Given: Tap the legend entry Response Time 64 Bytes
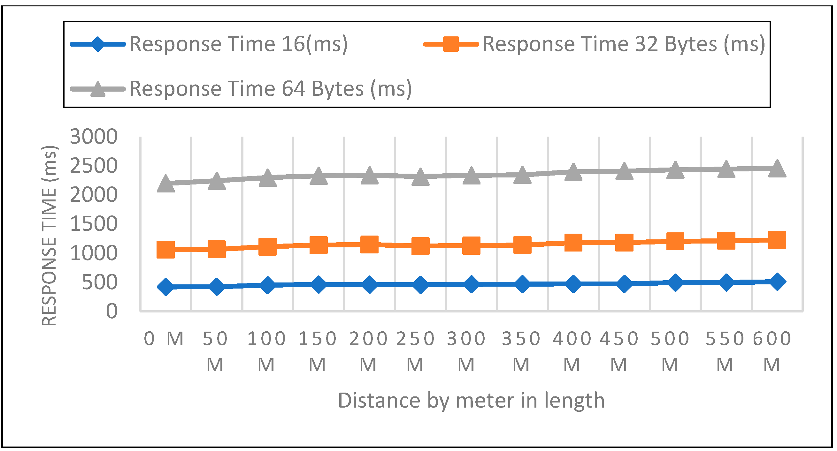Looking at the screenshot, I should tap(270, 89).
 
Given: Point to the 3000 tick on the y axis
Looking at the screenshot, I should tap(94, 136).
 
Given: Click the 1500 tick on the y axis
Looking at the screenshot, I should tap(94, 224).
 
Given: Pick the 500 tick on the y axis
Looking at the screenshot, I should tap(99, 282).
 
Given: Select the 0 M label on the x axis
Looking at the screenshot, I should tap(164, 339).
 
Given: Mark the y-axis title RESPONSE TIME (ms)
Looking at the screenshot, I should tap(50, 236).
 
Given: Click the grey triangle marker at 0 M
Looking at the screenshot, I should tap(166, 184).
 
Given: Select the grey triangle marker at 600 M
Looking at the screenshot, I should tap(777, 169).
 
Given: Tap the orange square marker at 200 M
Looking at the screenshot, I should tap(369, 244).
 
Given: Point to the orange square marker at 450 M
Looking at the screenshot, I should tap(624, 242).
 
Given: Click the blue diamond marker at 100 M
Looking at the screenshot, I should tap(267, 285).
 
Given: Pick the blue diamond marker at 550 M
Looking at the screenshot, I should tap(726, 282).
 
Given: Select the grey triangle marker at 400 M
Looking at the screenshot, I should tap(573, 172).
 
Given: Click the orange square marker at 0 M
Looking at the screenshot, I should tap(166, 249).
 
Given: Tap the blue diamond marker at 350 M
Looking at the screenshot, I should tap(522, 284).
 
